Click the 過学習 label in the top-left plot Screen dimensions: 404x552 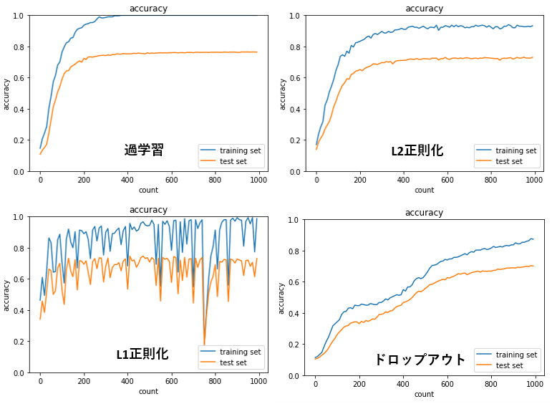(x=144, y=150)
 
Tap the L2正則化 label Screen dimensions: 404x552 (x=417, y=150)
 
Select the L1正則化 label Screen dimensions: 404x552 (x=142, y=354)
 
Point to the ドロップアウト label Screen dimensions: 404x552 (x=420, y=360)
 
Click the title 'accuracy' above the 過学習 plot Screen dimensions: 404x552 (x=148, y=9)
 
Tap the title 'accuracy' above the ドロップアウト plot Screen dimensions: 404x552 (x=424, y=213)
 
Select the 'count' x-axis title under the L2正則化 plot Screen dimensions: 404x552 (x=424, y=190)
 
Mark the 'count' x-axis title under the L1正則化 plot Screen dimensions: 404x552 (x=148, y=391)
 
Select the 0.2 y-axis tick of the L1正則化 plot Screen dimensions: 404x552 (x=25, y=342)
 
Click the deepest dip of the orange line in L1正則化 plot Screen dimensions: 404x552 (x=204, y=345)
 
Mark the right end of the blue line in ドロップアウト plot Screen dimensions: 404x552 (x=533, y=239)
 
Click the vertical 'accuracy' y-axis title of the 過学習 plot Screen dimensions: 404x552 (x=6, y=94)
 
